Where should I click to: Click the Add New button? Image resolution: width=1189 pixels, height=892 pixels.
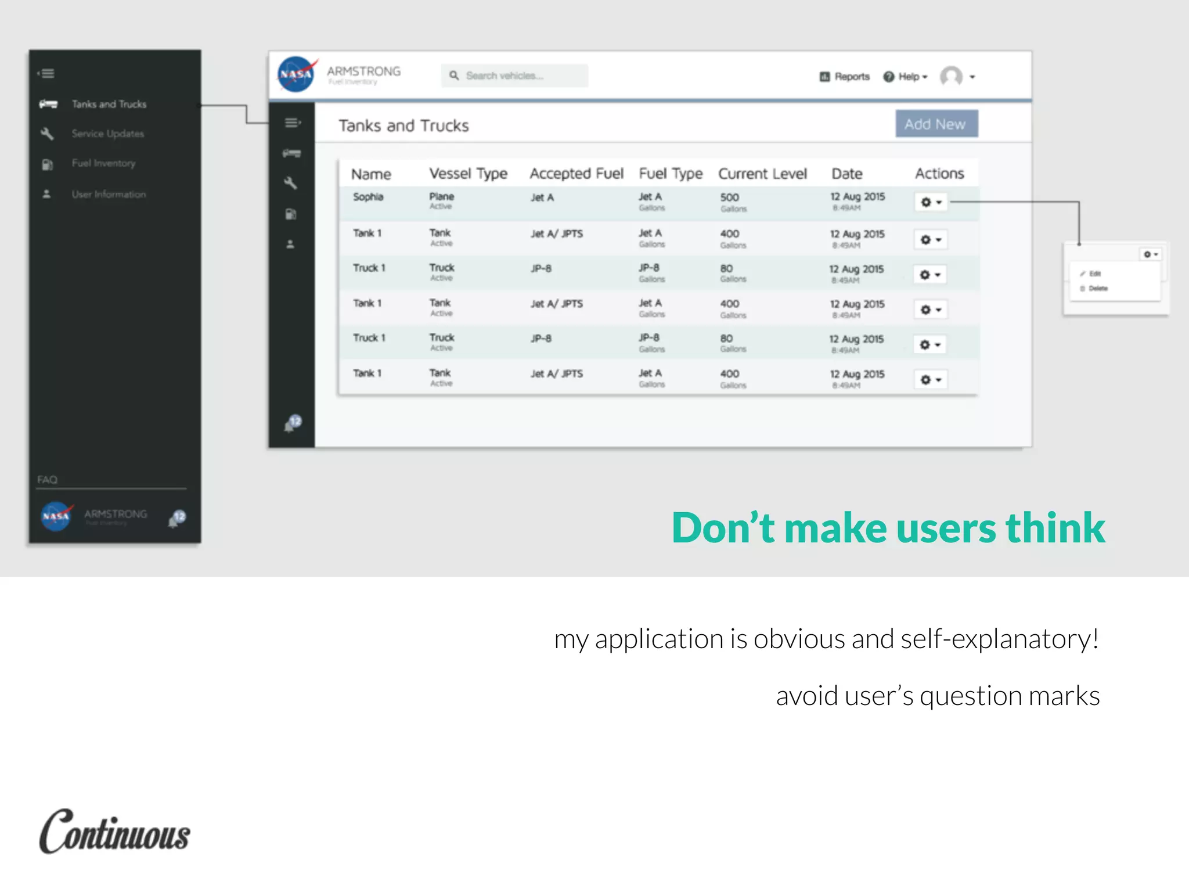click(936, 124)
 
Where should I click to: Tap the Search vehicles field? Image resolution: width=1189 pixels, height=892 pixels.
click(514, 76)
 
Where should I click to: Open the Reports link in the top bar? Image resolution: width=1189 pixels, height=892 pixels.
click(845, 77)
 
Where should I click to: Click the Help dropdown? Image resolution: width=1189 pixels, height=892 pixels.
click(905, 77)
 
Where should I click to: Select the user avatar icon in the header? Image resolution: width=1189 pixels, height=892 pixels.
click(951, 76)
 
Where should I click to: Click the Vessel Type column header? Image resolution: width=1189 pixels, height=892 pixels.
click(468, 174)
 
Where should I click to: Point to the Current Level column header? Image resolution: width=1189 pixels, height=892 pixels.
click(762, 174)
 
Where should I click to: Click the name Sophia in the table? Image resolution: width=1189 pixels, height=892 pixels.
click(368, 197)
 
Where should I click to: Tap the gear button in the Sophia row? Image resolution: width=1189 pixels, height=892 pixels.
click(931, 202)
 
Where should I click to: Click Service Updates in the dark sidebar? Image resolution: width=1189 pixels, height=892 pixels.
click(107, 134)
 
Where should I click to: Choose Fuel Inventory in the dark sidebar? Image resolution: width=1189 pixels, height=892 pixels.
click(103, 163)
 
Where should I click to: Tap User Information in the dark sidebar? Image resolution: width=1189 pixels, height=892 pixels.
click(109, 194)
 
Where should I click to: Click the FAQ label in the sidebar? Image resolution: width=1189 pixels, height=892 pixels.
click(48, 480)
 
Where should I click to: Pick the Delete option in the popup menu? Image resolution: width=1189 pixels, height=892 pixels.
click(1097, 288)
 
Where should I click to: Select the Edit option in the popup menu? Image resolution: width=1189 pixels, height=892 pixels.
click(1094, 274)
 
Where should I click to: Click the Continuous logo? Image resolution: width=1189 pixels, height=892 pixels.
click(114, 832)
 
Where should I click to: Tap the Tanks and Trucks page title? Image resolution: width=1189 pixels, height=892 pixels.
click(403, 125)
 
